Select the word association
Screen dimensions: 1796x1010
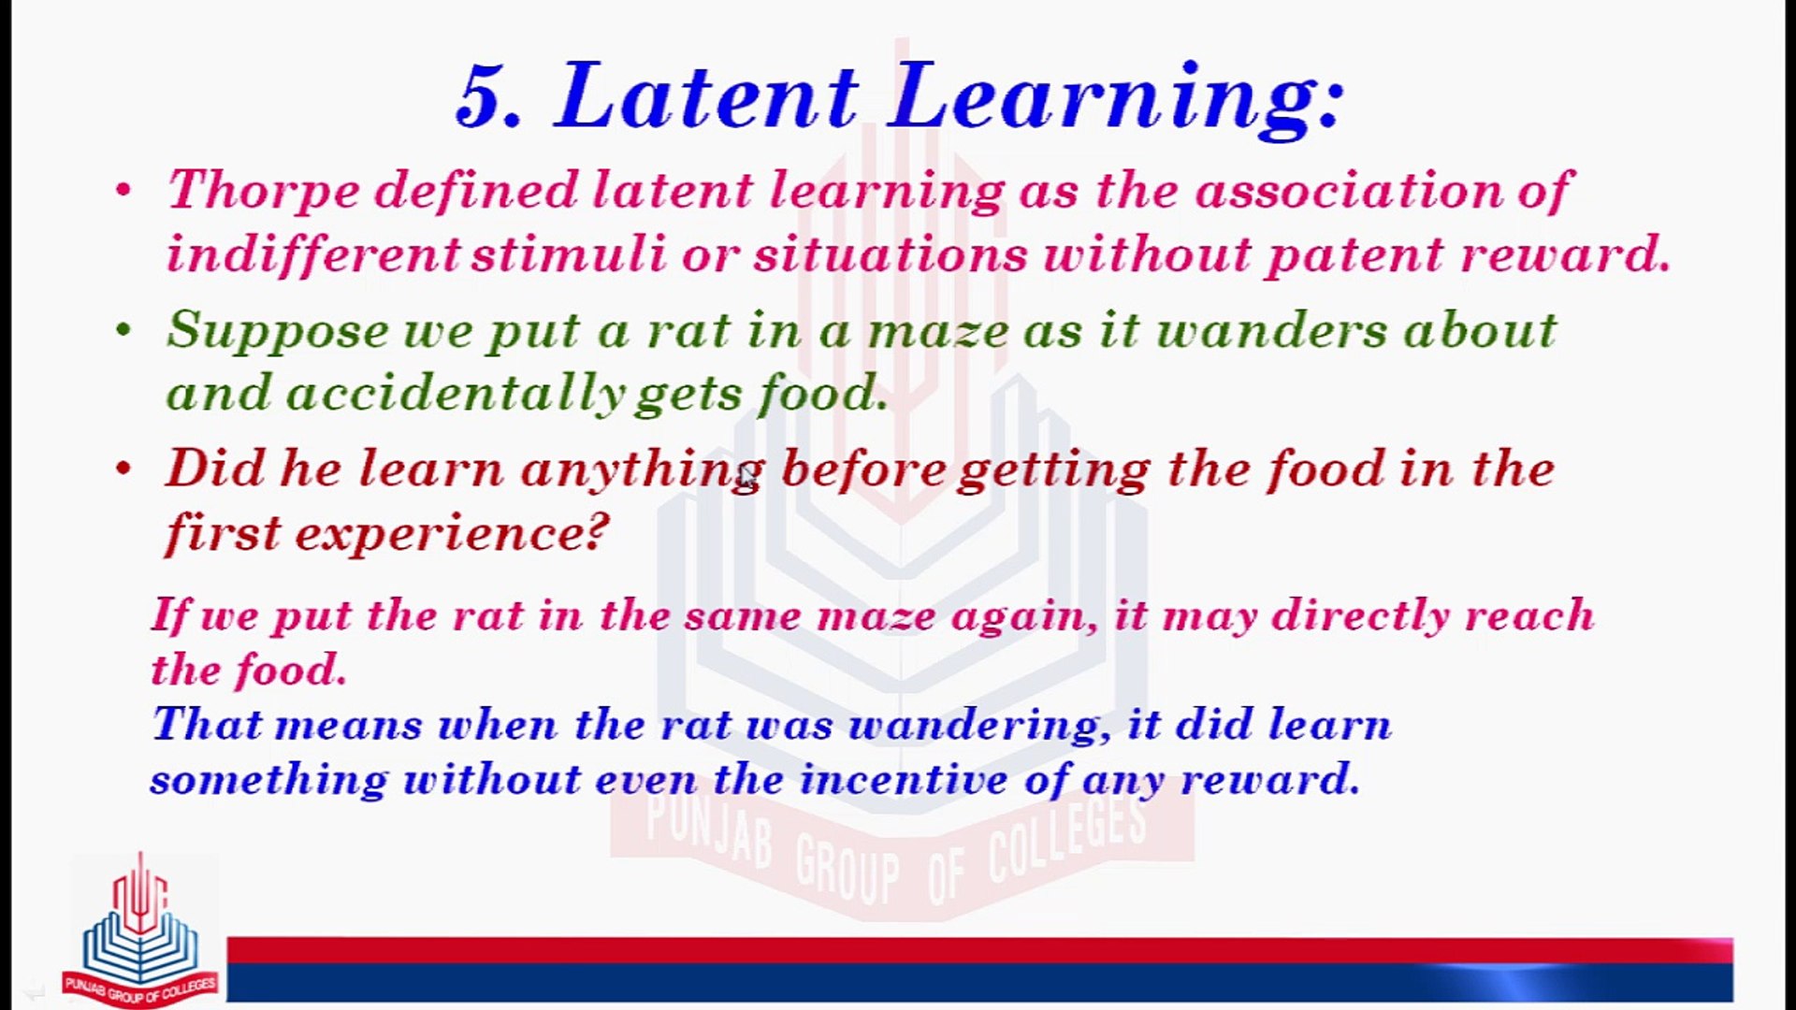[1349, 190]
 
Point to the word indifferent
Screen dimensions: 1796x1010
[313, 252]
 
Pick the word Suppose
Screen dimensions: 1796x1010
[278, 331]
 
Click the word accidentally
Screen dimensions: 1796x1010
[456, 394]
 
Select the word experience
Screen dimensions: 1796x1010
[451, 534]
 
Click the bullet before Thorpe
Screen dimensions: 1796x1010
[123, 190]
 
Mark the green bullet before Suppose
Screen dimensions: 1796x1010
[123, 329]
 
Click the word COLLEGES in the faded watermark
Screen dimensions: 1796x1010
[1067, 839]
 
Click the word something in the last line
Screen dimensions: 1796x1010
[268, 779]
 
